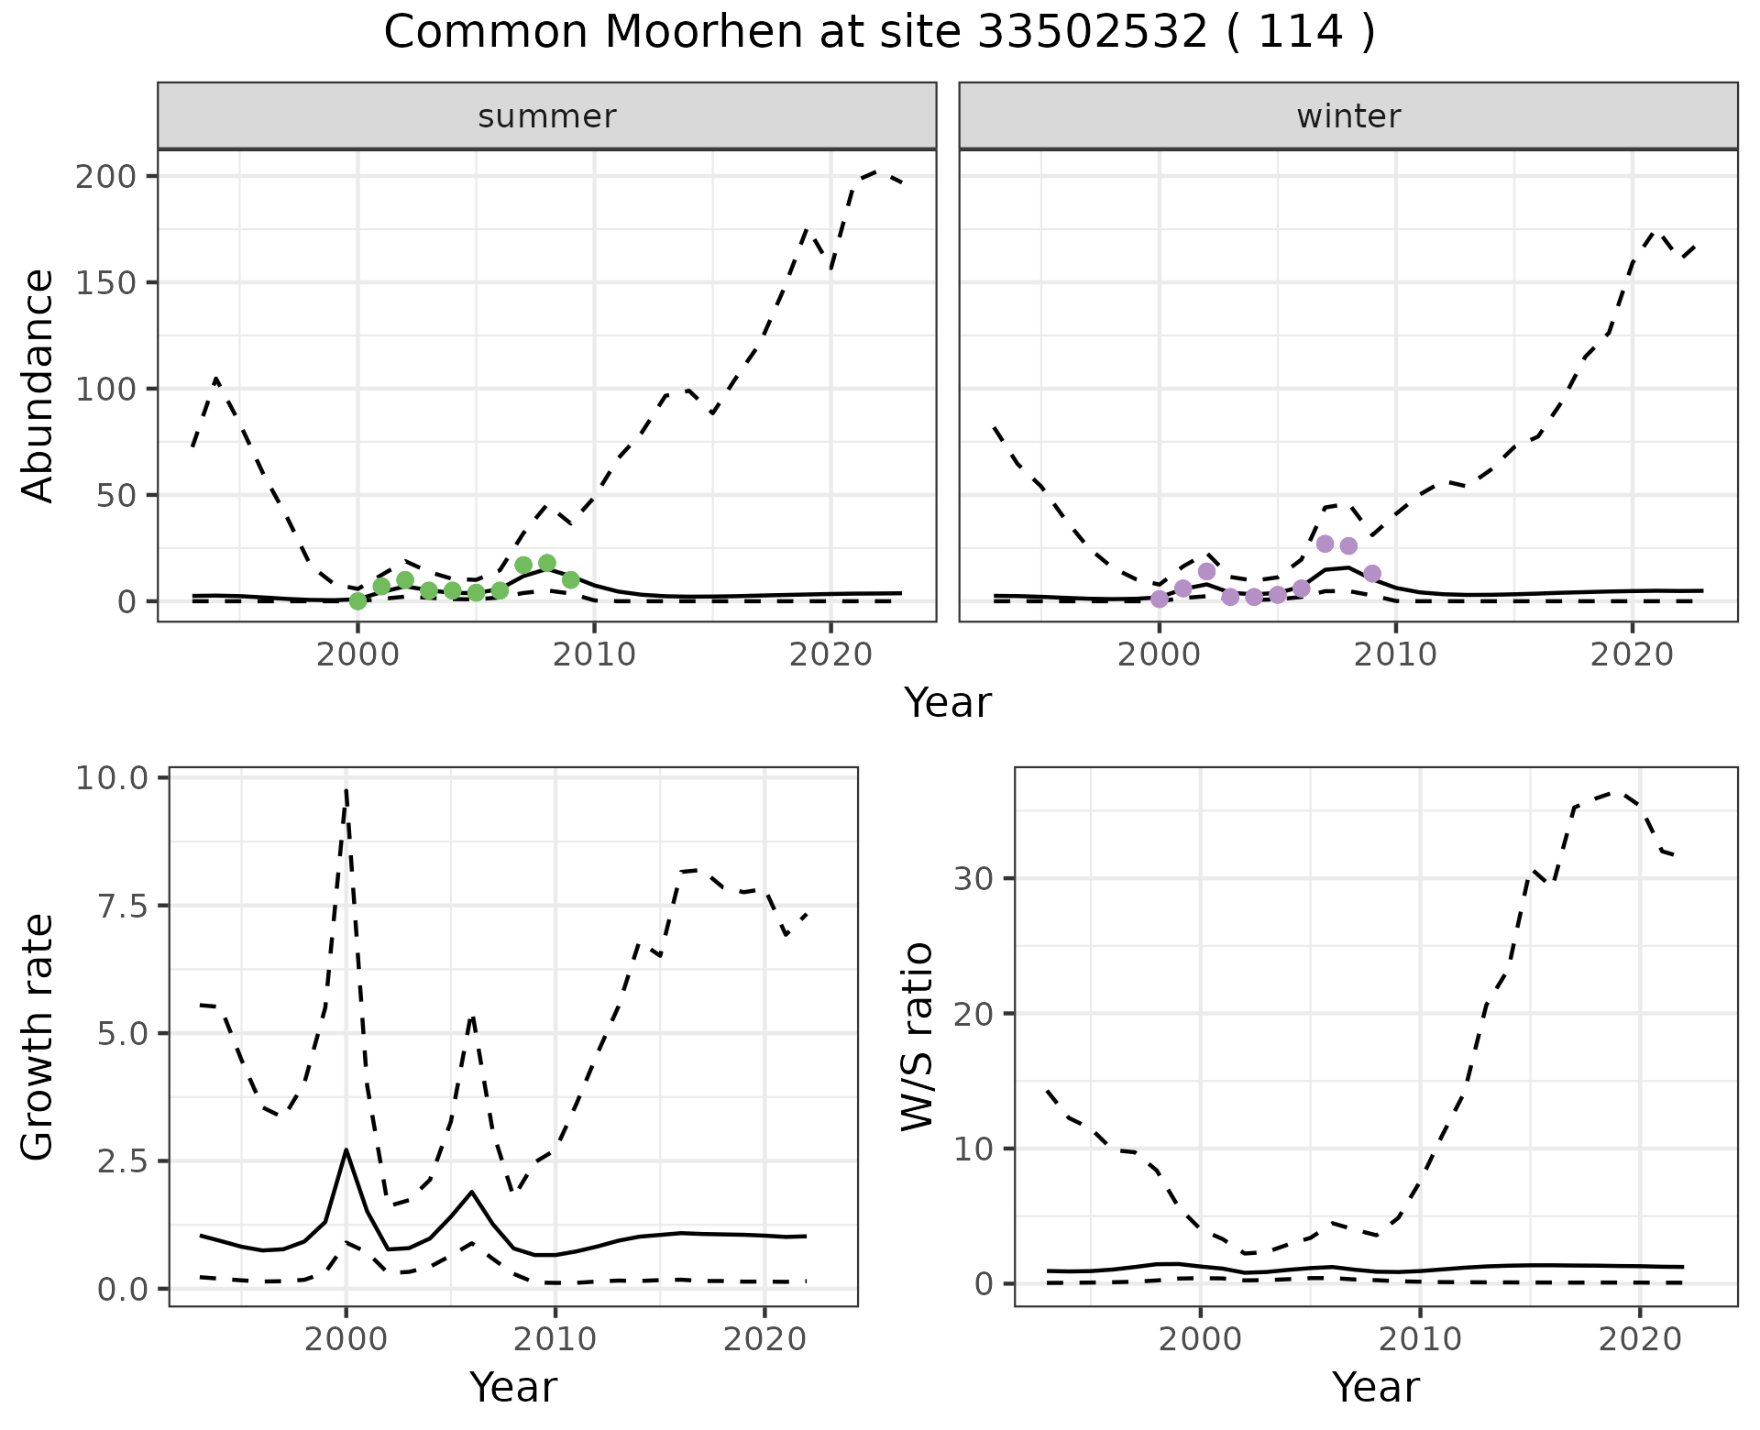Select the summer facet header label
547,116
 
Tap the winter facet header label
1348,116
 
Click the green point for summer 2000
358,601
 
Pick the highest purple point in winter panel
1325,544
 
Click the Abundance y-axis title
38,385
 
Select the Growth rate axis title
38,1037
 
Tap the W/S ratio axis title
917,1037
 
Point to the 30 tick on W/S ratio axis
973,879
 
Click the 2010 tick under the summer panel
594,654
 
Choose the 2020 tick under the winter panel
1632,654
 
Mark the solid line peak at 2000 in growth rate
346,1149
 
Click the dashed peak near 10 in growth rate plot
346,789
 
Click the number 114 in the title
1300,33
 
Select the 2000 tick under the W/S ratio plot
1200,1339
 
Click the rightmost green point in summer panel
570,580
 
